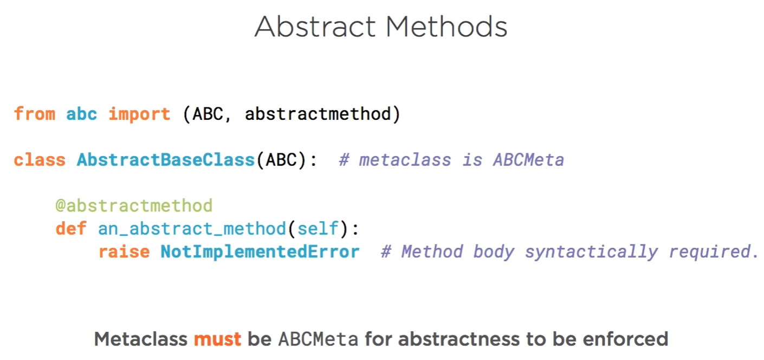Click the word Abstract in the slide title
pos(315,27)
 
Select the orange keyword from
pos(35,114)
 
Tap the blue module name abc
pos(81,114)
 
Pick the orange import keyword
pos(139,114)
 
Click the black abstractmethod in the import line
pos(318,114)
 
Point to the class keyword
pos(40,160)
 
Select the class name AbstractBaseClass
pos(166,160)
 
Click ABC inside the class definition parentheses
pos(281,160)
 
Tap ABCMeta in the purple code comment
pos(528,160)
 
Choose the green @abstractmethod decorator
pos(134,206)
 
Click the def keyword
pos(71,228)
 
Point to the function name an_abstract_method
pos(192,228)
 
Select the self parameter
pos(318,228)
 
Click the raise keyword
pos(124,252)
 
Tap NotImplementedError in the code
pos(260,252)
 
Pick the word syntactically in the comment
pos(591,252)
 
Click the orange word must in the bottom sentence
pos(218,339)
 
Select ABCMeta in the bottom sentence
pos(318,339)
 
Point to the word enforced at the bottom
pos(625,339)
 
